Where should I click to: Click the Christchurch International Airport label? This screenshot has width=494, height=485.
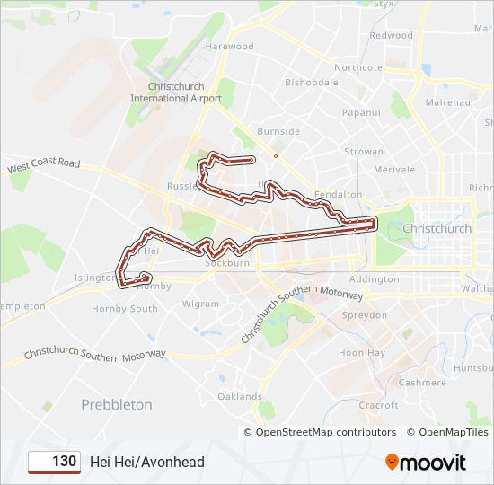click(x=175, y=93)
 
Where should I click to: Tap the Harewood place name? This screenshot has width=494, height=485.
click(x=229, y=47)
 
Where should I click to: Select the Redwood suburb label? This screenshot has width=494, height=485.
click(x=391, y=36)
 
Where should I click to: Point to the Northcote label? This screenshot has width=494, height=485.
click(x=357, y=68)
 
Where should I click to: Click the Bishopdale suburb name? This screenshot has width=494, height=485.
click(x=311, y=83)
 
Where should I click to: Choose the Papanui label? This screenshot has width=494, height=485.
click(x=362, y=114)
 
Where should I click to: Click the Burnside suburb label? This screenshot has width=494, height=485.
click(x=278, y=131)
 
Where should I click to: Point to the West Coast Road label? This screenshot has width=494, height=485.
click(x=44, y=166)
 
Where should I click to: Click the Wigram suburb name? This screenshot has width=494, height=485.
click(x=200, y=304)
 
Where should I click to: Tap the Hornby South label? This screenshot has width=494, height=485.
click(x=124, y=309)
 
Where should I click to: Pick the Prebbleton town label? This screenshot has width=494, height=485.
click(x=117, y=405)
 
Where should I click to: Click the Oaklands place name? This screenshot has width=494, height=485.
click(x=240, y=397)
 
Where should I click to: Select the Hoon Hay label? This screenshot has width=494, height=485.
click(x=361, y=353)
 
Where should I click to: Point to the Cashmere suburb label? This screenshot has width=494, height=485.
click(x=422, y=383)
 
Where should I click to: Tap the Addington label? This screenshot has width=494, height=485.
click(x=374, y=280)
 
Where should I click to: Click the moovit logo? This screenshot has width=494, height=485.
click(x=426, y=463)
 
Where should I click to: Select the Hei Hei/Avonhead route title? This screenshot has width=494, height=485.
click(x=147, y=463)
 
